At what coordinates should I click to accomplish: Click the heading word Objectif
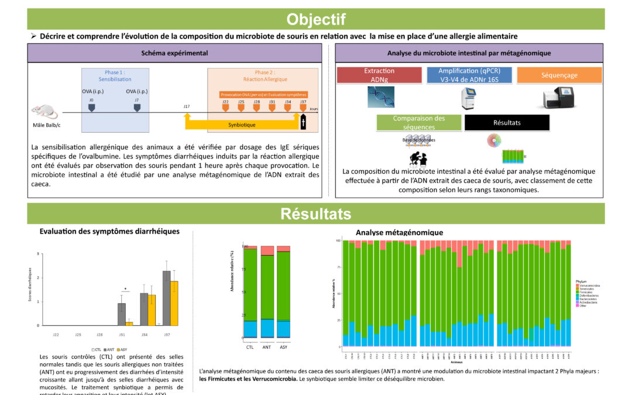pos(315,19)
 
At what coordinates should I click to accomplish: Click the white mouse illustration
pos(43,111)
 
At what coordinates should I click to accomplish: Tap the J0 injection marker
pos(91,107)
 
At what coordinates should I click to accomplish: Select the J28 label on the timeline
pos(256,102)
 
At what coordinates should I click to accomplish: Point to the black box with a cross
pos(303,122)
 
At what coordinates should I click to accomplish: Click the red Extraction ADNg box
pos(379,75)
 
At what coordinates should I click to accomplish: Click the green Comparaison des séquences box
pos(418,122)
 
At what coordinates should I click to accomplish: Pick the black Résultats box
pos(507,123)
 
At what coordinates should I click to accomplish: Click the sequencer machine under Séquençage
pos(557,98)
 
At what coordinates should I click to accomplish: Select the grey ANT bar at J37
pos(167,298)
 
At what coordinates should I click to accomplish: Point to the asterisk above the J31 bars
pos(125,288)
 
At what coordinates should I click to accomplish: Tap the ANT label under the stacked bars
pos(267,347)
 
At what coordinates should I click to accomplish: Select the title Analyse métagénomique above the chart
pos(399,232)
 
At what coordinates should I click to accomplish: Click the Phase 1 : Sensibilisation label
pos(115,75)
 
